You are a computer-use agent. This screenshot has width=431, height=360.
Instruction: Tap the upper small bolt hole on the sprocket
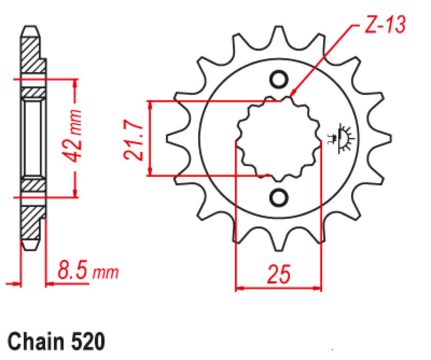tap(279, 80)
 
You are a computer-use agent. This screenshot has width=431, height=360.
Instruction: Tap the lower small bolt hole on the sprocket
tap(279, 197)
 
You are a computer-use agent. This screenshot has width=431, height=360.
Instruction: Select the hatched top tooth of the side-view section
tap(31, 51)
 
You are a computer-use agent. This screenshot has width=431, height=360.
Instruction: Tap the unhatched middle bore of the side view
tap(32, 138)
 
